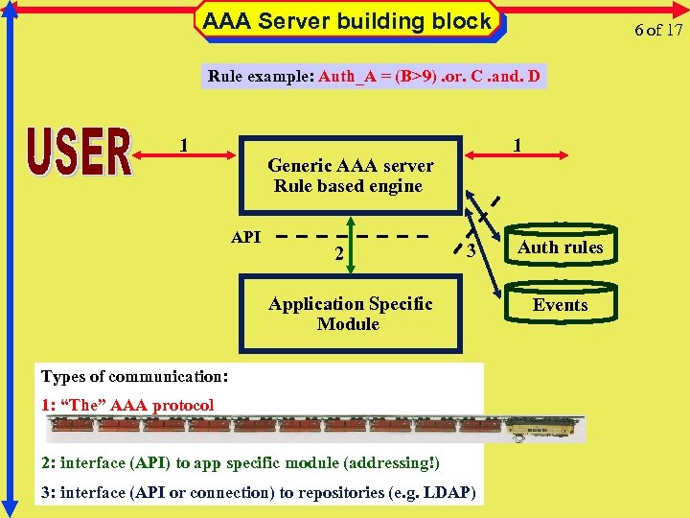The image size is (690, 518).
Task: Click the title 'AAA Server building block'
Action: point(347,21)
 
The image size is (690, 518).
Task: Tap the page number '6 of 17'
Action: point(658,30)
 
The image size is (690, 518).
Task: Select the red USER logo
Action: point(80,153)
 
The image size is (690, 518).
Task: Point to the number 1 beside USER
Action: point(183,146)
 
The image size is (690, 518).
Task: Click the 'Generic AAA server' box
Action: point(350,176)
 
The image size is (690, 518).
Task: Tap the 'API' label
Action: point(246,237)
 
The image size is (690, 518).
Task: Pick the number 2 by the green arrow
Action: point(339,254)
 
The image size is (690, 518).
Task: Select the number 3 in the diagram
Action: point(471,251)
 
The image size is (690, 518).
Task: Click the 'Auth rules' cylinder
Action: point(561,247)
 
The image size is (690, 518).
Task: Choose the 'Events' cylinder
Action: point(561,305)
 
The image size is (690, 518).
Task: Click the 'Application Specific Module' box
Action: point(350,314)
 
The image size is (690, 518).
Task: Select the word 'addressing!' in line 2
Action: point(393,463)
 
